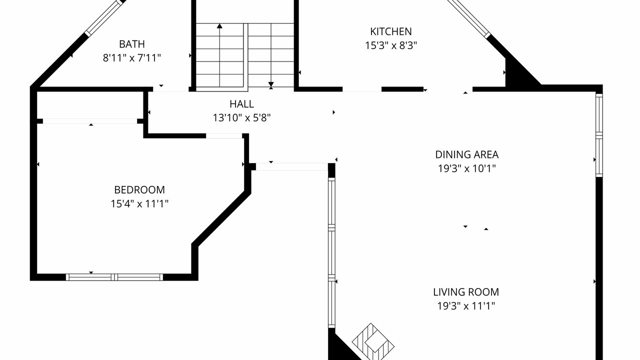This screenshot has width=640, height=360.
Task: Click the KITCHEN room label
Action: [391, 31]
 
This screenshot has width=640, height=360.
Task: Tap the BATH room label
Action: [131, 44]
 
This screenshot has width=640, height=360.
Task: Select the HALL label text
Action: [241, 104]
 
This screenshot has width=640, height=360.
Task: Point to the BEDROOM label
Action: [139, 189]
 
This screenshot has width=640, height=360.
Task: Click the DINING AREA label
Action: [467, 154]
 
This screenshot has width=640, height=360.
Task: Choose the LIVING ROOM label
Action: [466, 292]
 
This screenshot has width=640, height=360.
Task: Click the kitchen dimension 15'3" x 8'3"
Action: [391, 45]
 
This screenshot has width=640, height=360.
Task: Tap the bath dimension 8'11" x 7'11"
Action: [131, 58]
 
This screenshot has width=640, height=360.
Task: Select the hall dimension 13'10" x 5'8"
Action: [241, 117]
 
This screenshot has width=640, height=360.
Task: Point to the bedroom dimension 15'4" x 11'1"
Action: [139, 203]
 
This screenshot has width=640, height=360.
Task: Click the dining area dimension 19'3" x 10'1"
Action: [467, 168]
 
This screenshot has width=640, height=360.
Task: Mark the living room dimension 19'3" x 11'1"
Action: [466, 306]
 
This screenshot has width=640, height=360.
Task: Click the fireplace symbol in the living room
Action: [373, 341]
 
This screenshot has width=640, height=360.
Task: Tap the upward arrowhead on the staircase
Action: [219, 26]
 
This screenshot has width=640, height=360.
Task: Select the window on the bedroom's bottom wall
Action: [114, 277]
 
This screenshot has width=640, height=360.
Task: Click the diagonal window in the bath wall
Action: [104, 17]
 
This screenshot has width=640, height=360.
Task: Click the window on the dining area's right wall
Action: [599, 135]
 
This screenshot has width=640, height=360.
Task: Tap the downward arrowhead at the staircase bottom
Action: [271, 84]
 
